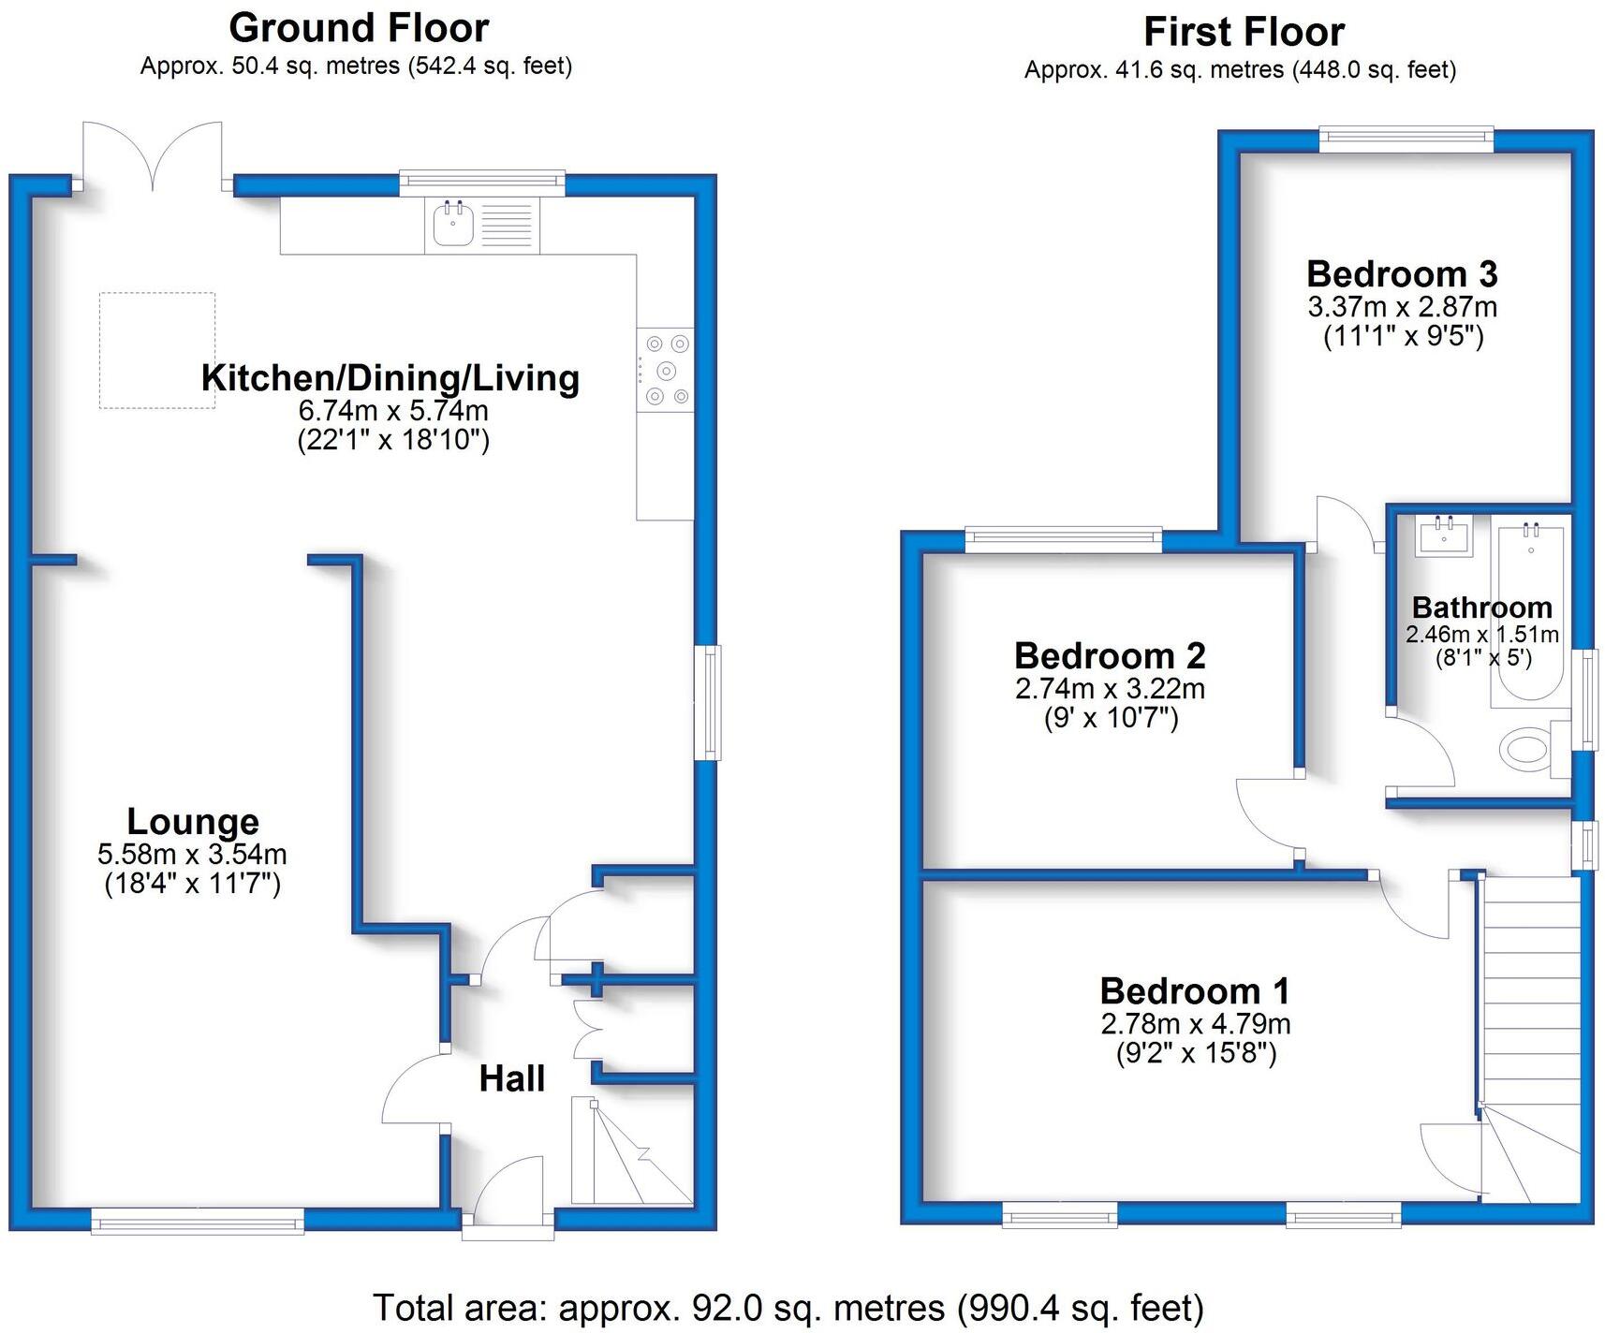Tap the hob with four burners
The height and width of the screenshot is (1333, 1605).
666,370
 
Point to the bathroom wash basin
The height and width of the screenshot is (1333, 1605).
1443,535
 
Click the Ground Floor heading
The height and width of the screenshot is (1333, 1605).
359,28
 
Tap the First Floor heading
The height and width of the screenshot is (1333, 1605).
1244,32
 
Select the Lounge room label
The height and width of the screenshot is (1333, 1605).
193,821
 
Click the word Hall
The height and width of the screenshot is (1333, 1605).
511,1078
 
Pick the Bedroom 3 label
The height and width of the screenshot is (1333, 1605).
1402,274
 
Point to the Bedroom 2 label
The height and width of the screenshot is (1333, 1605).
1110,655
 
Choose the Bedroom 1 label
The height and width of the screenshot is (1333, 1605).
1195,990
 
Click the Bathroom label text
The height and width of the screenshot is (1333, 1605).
1481,608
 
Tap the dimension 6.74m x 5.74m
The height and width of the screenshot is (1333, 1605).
393,410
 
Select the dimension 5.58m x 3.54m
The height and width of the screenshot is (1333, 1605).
192,854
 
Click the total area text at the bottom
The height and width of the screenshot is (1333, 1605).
788,1307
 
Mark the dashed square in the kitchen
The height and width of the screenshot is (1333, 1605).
157,350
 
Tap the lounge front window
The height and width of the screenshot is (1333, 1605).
198,1221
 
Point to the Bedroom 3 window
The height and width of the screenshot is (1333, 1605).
1406,139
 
